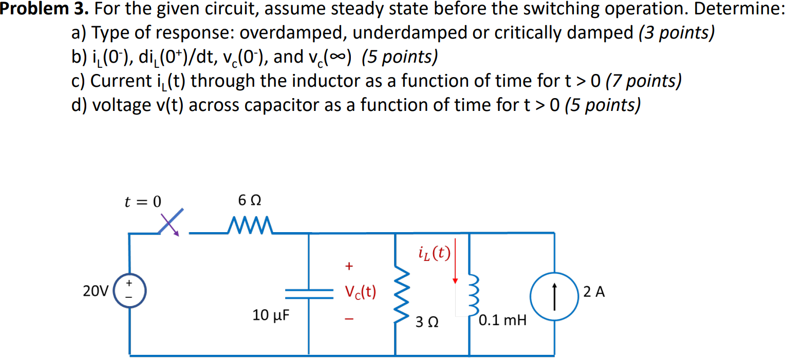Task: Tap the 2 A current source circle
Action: click(554, 294)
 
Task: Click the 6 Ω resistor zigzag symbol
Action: click(249, 224)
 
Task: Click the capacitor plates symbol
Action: click(308, 293)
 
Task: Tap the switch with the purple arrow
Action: click(170, 225)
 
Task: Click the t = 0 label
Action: click(142, 202)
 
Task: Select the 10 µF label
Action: click(271, 314)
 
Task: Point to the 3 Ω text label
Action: click(427, 323)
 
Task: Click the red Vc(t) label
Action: click(361, 292)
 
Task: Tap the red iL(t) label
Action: click(435, 252)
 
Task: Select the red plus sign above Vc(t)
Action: click(349, 266)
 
